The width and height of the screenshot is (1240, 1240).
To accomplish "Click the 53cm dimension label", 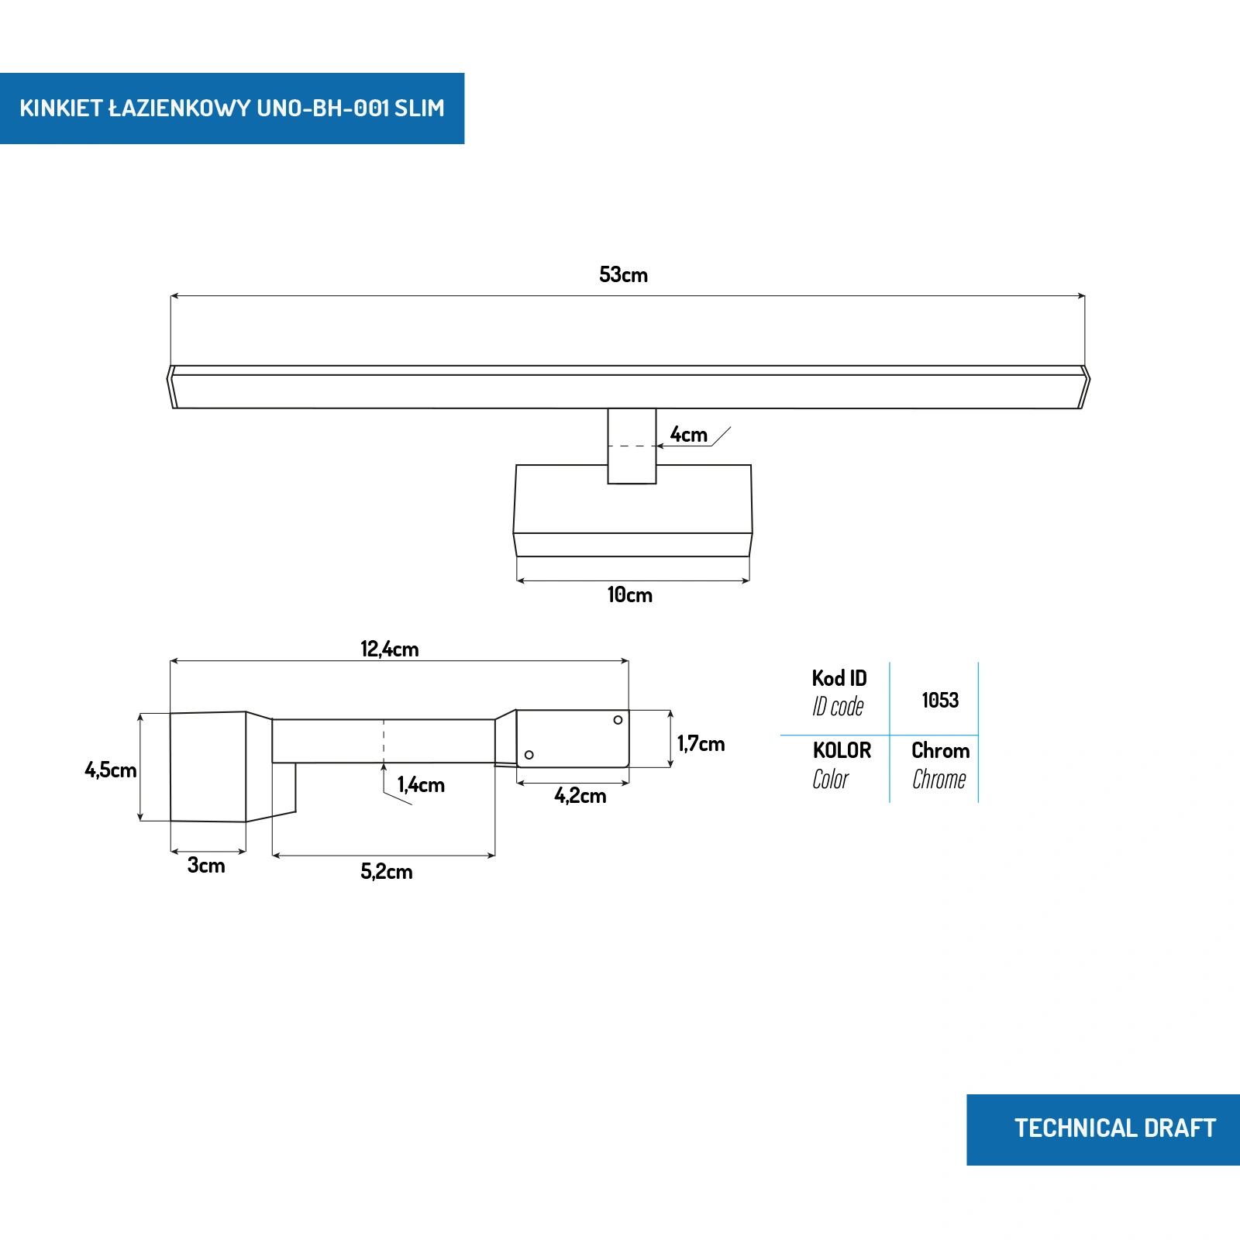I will tap(623, 275).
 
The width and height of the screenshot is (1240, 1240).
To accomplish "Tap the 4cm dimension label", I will tap(688, 435).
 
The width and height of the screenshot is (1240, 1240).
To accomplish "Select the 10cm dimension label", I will tap(629, 595).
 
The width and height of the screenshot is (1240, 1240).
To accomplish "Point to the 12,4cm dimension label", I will tap(389, 649).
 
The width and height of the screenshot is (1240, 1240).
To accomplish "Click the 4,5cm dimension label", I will tap(110, 770).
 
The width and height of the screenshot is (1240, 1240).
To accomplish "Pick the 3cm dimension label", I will tap(206, 866).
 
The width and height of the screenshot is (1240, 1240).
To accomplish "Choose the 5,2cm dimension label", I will tap(386, 872).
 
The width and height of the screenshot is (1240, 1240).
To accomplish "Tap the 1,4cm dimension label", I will tap(421, 785).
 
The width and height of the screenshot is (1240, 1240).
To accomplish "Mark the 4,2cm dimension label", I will tap(580, 796).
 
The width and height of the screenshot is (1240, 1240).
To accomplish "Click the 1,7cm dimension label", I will tap(701, 744).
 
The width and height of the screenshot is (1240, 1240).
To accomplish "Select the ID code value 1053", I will tap(940, 701).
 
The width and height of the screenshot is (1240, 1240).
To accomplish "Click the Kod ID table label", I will tap(839, 679).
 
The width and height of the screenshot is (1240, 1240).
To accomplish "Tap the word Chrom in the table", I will tap(940, 751).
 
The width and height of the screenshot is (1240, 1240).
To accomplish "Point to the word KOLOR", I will tap(842, 751).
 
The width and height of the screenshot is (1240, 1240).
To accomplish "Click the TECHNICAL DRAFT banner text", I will tap(1114, 1128).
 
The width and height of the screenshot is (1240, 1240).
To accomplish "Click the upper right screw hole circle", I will tap(618, 720).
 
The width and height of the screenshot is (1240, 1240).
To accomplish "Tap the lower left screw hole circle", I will tap(529, 755).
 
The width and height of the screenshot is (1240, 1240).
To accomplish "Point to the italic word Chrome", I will tap(939, 780).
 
